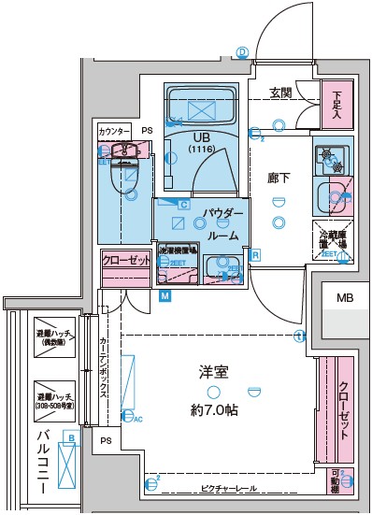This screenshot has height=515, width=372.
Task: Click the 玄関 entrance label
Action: [281, 93]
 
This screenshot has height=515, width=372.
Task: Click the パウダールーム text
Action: [223, 225]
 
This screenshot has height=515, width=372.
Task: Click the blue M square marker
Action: [165, 297]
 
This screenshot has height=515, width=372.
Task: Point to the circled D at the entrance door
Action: [241, 53]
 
